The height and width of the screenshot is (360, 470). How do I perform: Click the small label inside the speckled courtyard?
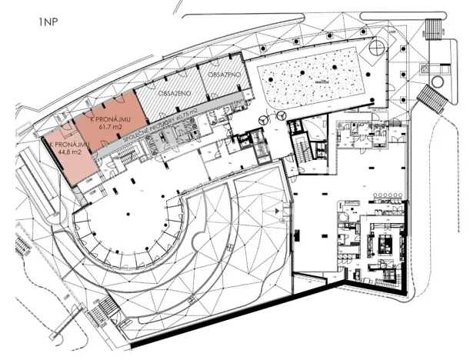320,78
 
